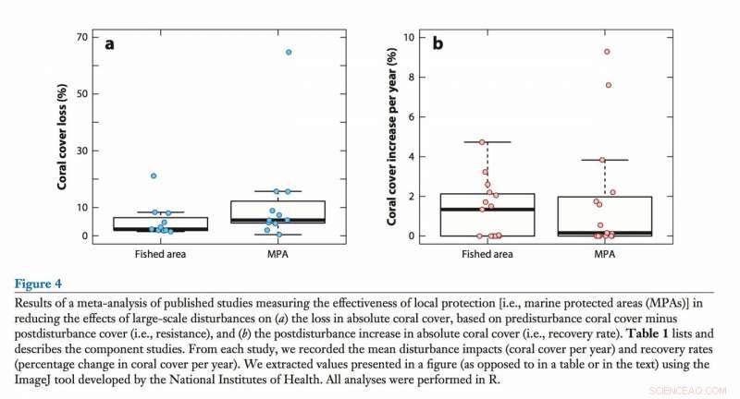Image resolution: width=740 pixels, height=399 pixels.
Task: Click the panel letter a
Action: pos(110,43)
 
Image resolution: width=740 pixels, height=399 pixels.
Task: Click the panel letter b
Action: pos(438,42)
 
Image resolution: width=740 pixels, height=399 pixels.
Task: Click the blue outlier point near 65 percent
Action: pos(289,52)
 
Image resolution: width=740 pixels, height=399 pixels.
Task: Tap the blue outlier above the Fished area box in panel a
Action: pos(154,175)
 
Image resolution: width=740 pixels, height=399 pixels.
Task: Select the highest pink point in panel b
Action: pos(607,52)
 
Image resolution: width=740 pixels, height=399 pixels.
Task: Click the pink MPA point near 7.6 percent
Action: pos(609,85)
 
